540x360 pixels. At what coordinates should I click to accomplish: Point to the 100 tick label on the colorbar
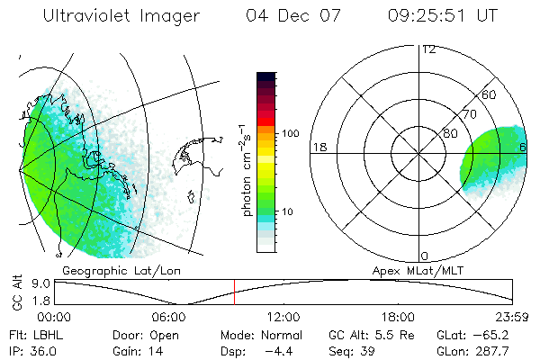292,133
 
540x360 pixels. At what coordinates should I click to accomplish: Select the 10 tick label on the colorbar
289,212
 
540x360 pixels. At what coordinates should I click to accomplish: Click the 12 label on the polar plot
429,49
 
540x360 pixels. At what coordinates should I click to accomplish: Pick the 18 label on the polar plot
318,147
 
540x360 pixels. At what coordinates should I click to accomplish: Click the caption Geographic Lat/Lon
112,270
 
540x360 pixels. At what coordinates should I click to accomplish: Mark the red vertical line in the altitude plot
234,292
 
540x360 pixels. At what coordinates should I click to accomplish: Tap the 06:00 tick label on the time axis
169,317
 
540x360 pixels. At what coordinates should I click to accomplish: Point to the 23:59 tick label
513,317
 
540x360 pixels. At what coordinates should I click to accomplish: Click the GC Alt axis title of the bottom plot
17,292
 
